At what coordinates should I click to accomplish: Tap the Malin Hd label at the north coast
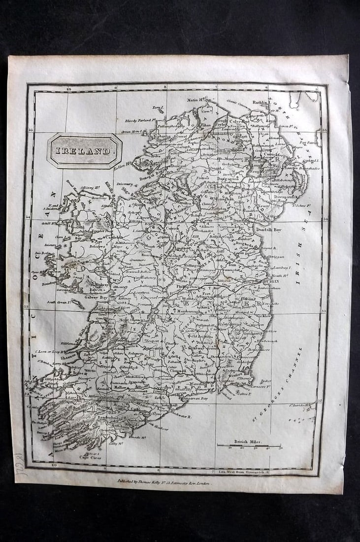(196, 100)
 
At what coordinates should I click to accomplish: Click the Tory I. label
(157, 107)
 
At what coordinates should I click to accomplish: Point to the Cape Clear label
(90, 457)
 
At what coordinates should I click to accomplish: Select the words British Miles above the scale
(248, 441)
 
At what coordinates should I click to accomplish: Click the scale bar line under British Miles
(249, 445)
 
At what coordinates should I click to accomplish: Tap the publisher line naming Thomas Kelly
(164, 483)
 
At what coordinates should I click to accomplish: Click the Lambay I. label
(283, 268)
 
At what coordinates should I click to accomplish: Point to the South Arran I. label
(58, 302)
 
